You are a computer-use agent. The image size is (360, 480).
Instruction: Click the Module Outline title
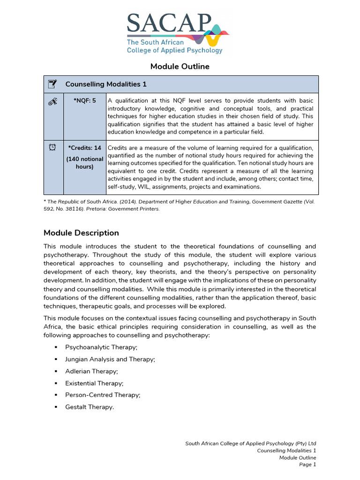pyautogui.click(x=180, y=67)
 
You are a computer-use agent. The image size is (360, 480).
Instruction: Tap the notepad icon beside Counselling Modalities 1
pyautogui.click(x=53, y=84)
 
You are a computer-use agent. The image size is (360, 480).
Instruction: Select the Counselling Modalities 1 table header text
pyautogui.click(x=106, y=84)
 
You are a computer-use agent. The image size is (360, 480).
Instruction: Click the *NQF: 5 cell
pyautogui.click(x=85, y=101)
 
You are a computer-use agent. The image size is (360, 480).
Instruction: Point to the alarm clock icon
pyautogui.click(x=53, y=148)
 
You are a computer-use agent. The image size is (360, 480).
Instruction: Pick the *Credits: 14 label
pyautogui.click(x=85, y=148)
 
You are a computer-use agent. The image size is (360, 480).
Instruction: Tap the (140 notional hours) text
pyautogui.click(x=85, y=163)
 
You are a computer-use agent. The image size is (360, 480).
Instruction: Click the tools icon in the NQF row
pyautogui.click(x=53, y=101)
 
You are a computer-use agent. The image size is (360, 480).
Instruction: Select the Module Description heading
pyautogui.click(x=81, y=233)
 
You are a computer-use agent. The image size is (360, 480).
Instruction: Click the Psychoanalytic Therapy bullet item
pyautogui.click(x=101, y=347)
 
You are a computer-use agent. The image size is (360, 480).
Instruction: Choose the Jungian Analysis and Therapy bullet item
pyautogui.click(x=110, y=359)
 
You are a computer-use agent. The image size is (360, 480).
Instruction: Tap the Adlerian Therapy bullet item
pyautogui.click(x=91, y=371)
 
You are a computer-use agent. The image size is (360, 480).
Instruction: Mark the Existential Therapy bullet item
pyautogui.click(x=94, y=383)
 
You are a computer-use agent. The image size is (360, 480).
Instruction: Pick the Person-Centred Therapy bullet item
pyautogui.click(x=102, y=395)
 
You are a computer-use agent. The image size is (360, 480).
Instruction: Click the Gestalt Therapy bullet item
pyautogui.click(x=89, y=407)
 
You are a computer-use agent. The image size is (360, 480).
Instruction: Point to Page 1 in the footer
pyautogui.click(x=308, y=465)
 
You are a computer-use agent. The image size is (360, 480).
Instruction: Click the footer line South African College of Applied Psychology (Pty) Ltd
pyautogui.click(x=251, y=443)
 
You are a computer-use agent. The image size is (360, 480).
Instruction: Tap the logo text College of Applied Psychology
pyautogui.click(x=174, y=50)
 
